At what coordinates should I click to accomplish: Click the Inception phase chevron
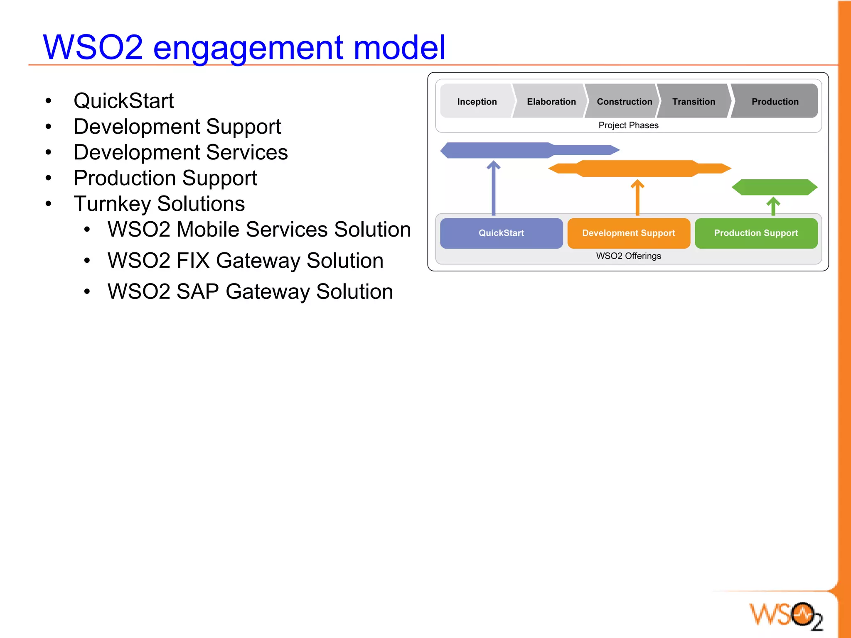477,101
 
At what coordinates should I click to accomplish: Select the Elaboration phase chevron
551,101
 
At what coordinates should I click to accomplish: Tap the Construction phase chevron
624,101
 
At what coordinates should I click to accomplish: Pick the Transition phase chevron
694,101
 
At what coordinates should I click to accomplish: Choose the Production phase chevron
775,101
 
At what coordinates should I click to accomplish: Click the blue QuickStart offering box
501,233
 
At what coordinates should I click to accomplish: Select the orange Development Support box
628,233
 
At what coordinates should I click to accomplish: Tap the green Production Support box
756,233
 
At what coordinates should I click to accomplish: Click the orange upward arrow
637,197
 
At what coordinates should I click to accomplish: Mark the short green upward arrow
773,206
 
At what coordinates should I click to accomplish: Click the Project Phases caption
628,125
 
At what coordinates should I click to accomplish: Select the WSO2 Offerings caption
628,256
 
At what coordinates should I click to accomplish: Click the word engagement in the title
248,48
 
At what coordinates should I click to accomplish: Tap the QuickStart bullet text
123,101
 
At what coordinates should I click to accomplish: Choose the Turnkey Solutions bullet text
159,204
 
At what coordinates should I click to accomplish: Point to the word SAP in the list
197,291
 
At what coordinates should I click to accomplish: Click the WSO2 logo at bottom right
785,615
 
